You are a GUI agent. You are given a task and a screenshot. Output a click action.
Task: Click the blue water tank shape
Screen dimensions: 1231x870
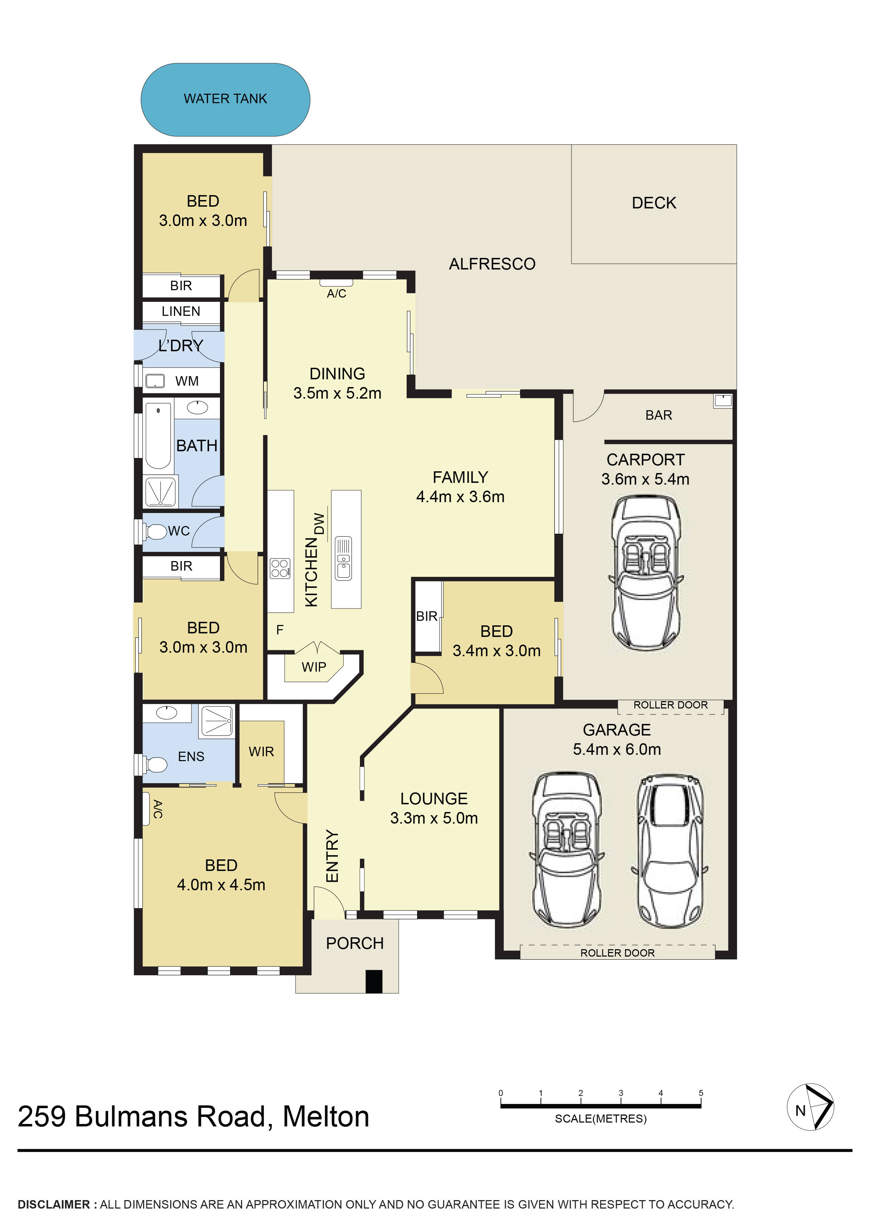tap(225, 100)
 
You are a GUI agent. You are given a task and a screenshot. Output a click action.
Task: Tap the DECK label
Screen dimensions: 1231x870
tap(654, 203)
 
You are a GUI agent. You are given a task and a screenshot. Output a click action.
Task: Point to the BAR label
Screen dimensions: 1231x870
tap(658, 415)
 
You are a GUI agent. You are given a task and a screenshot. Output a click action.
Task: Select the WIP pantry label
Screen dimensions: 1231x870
tap(314, 667)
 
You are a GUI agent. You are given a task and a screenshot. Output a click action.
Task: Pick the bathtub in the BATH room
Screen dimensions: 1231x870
tap(158, 436)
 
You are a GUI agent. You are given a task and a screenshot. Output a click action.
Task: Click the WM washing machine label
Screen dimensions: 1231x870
tap(187, 381)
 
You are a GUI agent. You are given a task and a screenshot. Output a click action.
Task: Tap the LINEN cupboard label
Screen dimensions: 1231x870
tap(181, 312)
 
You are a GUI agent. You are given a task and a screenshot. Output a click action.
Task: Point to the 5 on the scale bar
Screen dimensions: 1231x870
tap(701, 1093)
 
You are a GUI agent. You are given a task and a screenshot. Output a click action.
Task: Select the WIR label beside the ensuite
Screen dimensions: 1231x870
tap(261, 752)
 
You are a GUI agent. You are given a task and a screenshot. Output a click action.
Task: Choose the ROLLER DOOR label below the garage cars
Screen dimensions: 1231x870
tap(617, 953)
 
